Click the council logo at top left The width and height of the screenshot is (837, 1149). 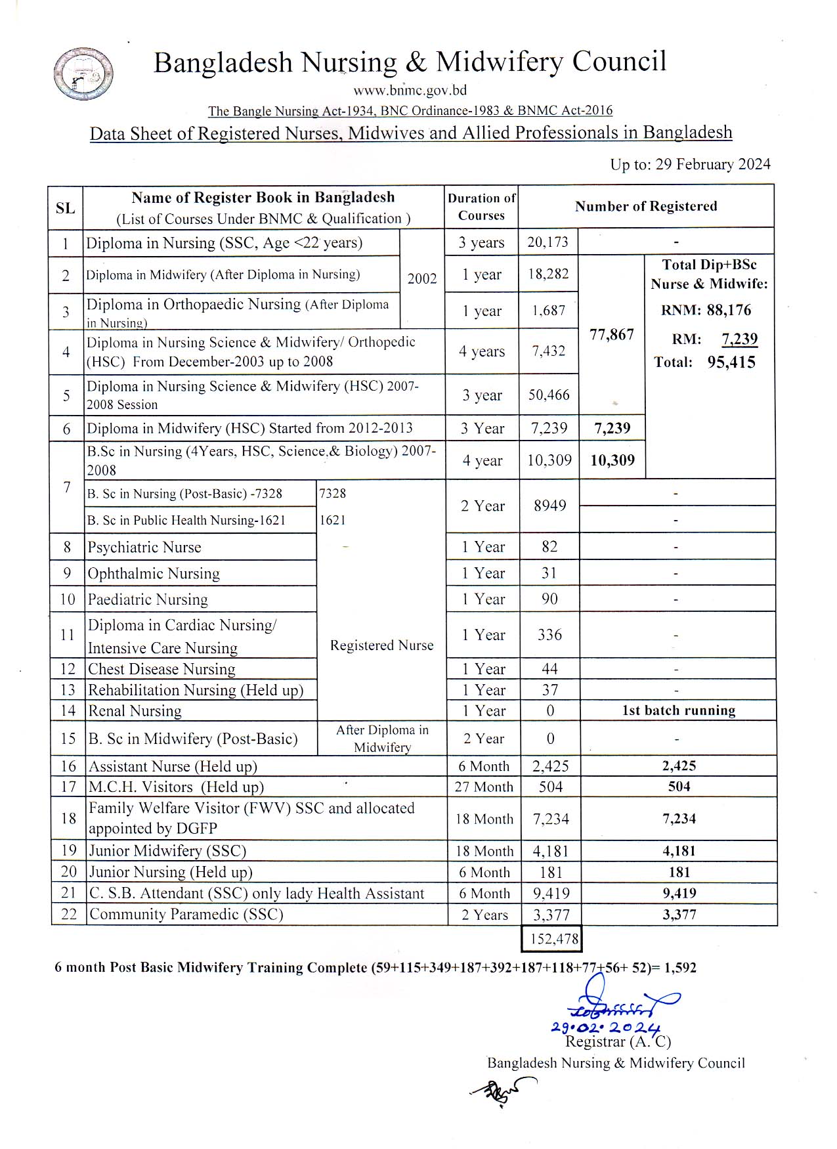(83, 74)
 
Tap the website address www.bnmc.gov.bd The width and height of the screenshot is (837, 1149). (410, 91)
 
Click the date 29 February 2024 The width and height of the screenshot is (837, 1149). (713, 164)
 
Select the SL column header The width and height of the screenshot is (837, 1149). (65, 208)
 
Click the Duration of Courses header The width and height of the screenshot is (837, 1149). (481, 207)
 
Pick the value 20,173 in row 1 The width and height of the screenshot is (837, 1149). (547, 242)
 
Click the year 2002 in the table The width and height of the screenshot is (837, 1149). (422, 278)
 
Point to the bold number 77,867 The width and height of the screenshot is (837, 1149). (612, 334)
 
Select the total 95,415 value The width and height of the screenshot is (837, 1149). (731, 362)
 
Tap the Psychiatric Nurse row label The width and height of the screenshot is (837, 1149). (144, 548)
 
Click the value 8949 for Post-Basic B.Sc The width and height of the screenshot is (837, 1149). (549, 506)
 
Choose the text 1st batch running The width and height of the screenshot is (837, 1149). (678, 710)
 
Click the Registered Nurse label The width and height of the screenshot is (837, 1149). (381, 645)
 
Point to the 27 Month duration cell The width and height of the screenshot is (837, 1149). (484, 787)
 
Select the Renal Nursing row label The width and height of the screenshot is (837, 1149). (135, 711)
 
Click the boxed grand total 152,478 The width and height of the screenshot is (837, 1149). (553, 939)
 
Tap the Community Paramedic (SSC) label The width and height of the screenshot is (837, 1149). (186, 915)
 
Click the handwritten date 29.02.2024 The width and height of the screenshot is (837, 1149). (605, 1028)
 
